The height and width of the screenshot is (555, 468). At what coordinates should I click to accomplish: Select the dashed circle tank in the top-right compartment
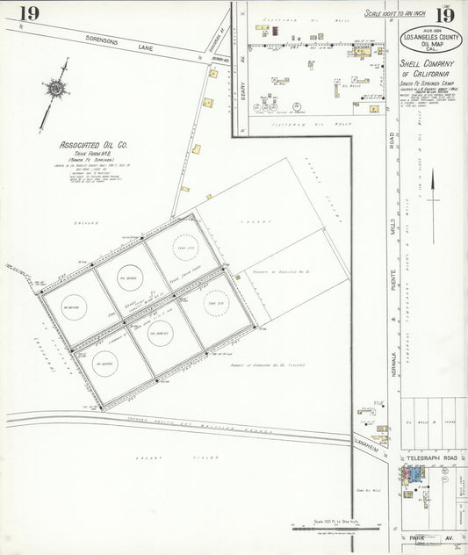(x=185, y=246)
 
